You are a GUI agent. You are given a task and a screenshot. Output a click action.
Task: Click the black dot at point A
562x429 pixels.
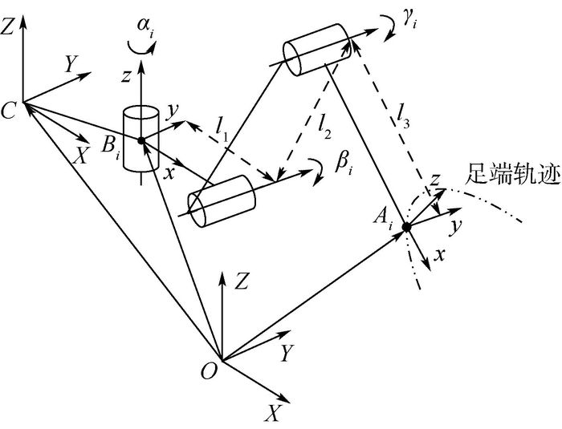[x=406, y=227]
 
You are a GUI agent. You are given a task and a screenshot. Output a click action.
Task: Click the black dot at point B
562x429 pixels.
[x=141, y=141]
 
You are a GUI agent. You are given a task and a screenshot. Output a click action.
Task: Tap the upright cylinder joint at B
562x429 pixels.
[x=141, y=141]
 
